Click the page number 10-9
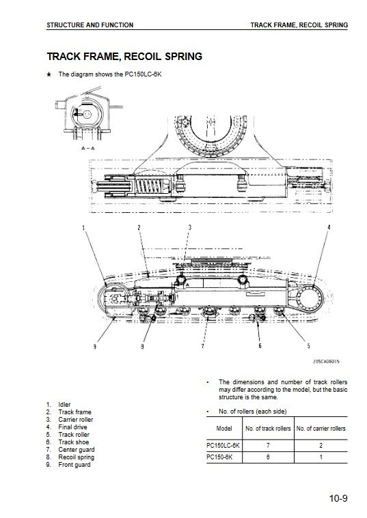(338, 498)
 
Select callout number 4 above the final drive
(329, 227)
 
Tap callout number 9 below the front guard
(95, 347)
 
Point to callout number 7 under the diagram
(202, 346)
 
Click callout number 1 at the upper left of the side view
(83, 227)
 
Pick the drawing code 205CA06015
(326, 362)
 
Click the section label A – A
(88, 148)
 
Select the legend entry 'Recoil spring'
(76, 457)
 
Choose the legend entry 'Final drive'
(72, 427)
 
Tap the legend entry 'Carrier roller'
(75, 420)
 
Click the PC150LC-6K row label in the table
(223, 446)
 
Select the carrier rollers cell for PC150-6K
(321, 457)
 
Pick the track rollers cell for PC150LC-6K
(268, 446)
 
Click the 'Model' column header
(224, 429)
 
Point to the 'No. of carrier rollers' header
(321, 429)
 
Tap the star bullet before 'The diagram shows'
(49, 74)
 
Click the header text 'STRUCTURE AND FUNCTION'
(90, 25)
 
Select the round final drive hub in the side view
(311, 298)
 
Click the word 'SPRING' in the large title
(183, 56)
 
